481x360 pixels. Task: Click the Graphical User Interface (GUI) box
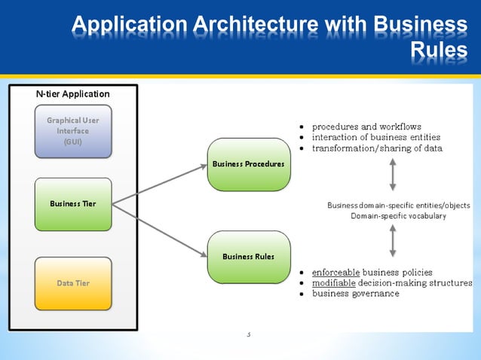[73, 132]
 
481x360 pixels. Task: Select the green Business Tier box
[73, 204]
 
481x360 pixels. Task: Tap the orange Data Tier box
[73, 283]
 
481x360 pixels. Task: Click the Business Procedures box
[248, 164]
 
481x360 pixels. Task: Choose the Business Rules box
[248, 257]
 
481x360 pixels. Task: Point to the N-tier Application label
[73, 94]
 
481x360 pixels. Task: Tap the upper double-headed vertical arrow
[393, 175]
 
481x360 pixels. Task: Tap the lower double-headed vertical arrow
[393, 243]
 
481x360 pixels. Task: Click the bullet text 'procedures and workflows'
[366, 127]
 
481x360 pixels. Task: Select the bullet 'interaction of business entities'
[376, 137]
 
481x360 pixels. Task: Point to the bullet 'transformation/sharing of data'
[377, 148]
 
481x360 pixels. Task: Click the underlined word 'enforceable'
[335, 272]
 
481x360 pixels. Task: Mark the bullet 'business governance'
[356, 294]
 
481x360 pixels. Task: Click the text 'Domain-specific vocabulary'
[399, 216]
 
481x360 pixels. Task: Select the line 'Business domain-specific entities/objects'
[399, 206]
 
